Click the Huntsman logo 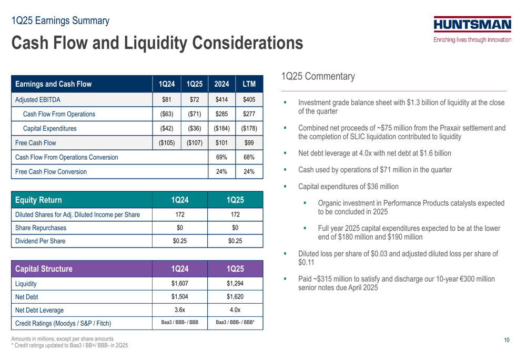click(472, 29)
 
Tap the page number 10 click(507, 340)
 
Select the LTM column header click(249, 84)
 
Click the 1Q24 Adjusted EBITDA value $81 click(166, 99)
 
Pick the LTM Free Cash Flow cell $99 click(249, 143)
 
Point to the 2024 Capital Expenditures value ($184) click(221, 128)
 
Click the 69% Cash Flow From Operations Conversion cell click(221, 157)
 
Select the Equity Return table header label click(38, 200)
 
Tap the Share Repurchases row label click(41, 228)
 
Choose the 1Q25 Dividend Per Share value click(235, 241)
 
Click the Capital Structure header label click(44, 269)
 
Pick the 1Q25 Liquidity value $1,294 click(235, 284)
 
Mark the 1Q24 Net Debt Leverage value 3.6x click(180, 310)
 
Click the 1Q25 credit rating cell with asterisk click(235, 323)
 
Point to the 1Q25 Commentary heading click(318, 76)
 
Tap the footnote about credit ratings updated click(69, 345)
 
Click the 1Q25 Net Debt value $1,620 click(235, 296)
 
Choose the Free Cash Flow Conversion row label click(50, 172)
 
